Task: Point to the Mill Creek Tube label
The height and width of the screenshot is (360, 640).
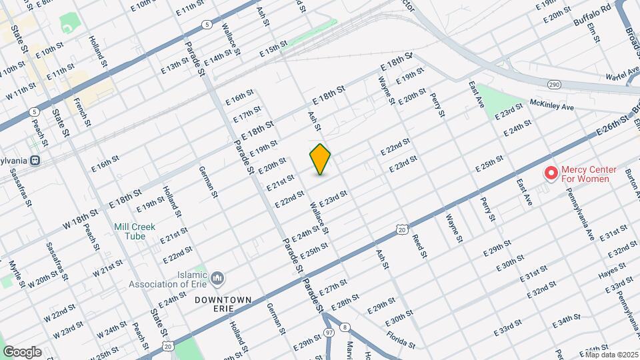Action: tap(134, 231)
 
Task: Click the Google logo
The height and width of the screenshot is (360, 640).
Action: tap(22, 352)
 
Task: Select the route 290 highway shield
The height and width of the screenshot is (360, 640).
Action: tap(554, 85)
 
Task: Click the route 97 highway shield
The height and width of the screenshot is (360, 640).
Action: tap(329, 331)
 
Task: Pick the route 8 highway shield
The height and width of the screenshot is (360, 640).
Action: tap(344, 327)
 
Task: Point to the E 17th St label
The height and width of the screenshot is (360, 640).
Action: tap(247, 114)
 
